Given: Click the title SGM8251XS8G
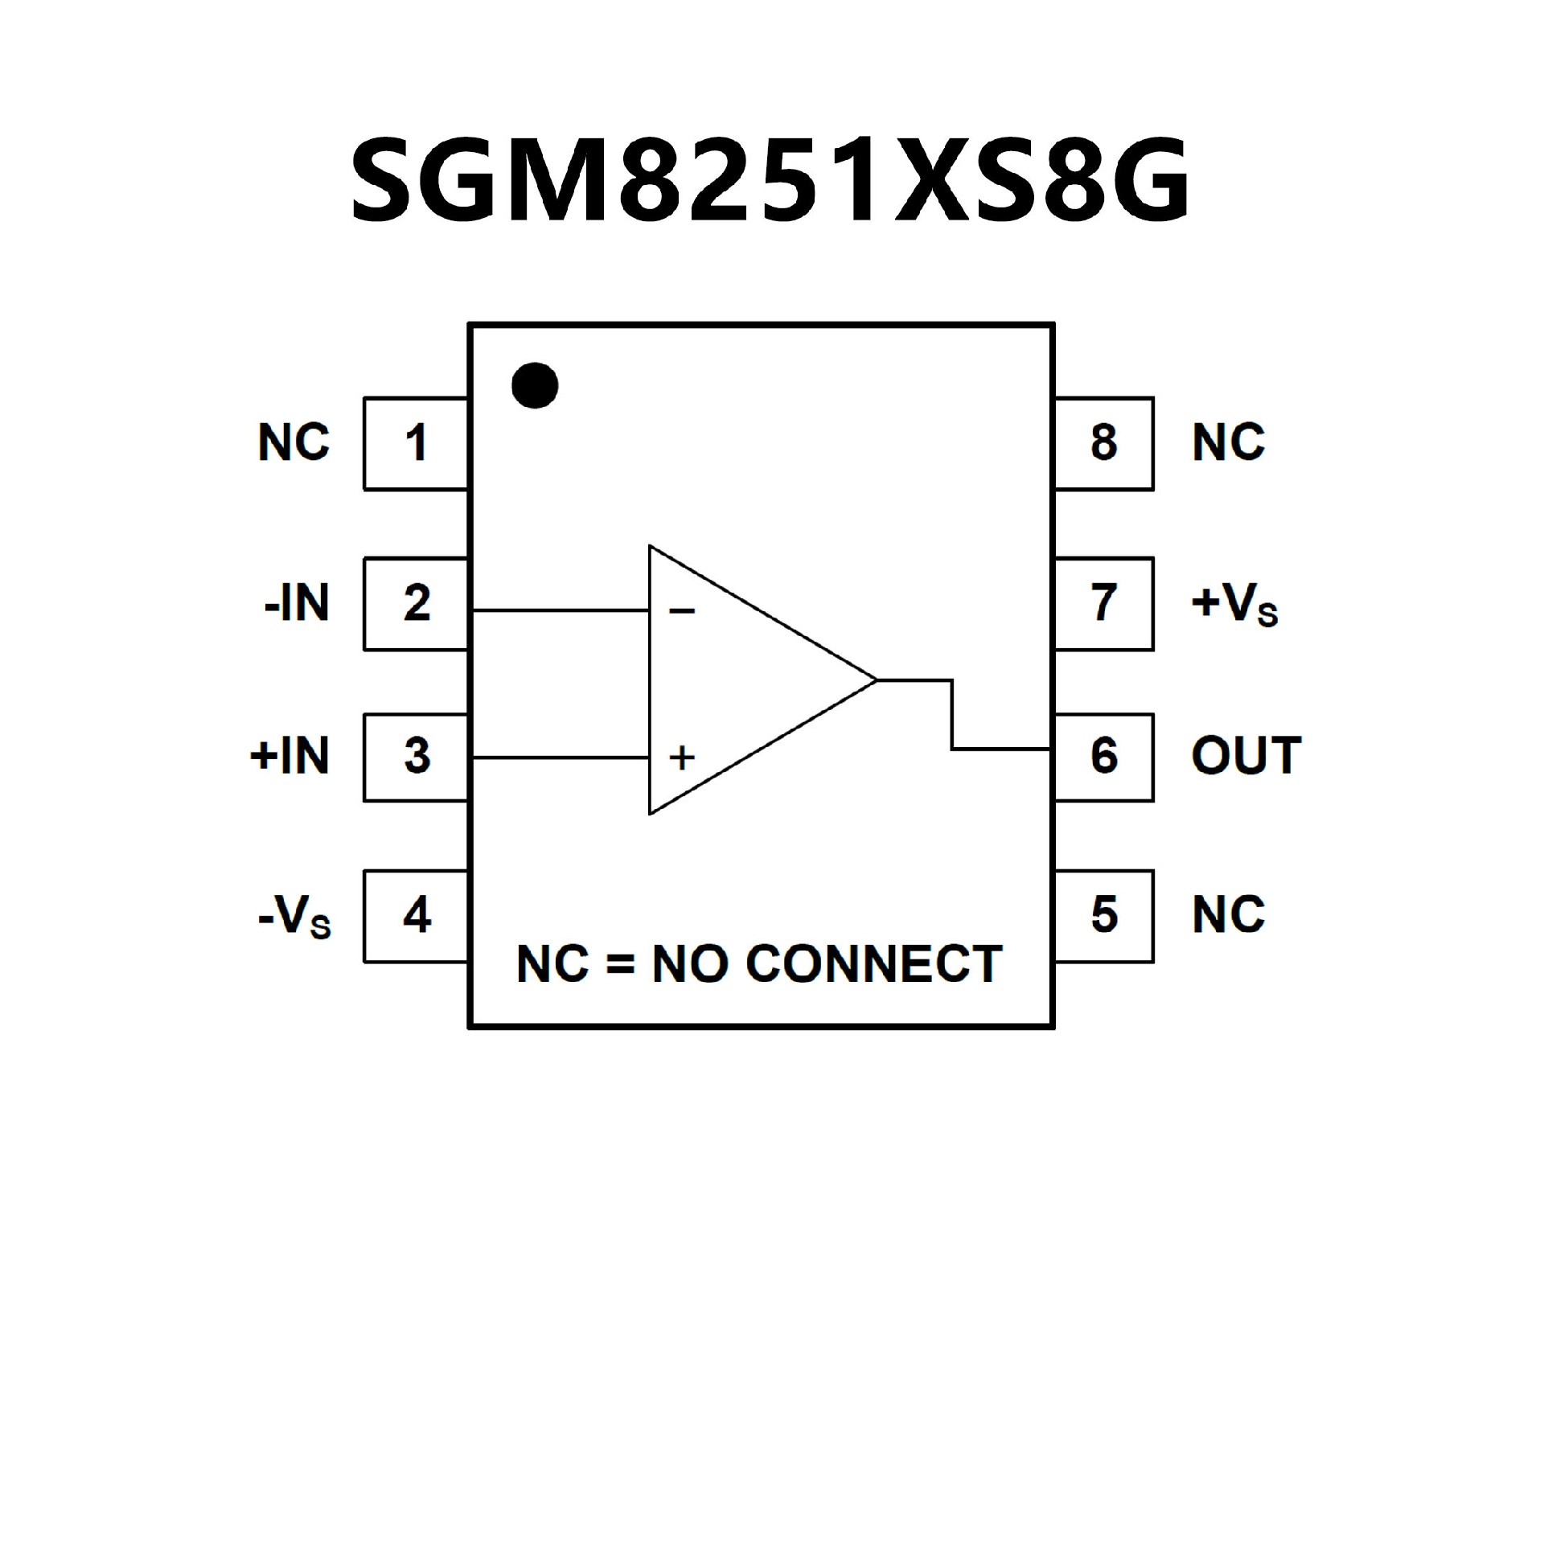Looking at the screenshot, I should tap(770, 180).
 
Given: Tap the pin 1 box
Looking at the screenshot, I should tap(416, 443).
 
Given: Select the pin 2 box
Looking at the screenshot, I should tap(416, 603).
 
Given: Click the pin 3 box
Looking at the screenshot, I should tap(416, 757).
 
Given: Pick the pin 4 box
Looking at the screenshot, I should tap(416, 915).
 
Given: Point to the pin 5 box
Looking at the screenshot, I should tap(1103, 915).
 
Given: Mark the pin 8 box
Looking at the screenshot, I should tap(1103, 443).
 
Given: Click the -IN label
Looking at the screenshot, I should tap(297, 603).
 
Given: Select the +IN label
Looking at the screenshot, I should tap(290, 757).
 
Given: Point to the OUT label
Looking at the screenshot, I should tap(1246, 757).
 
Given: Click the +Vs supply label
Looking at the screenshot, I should tap(1234, 605).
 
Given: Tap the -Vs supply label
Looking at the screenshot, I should tap(294, 917).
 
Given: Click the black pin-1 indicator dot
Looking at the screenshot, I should tap(535, 385).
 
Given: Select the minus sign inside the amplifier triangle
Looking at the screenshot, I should tap(681, 612).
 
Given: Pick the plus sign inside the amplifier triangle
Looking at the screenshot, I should tap(682, 758).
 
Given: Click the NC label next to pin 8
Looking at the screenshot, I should tap(1228, 443).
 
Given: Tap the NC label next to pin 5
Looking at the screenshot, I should tap(1228, 915).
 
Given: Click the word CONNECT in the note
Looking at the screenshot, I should tap(874, 963).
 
